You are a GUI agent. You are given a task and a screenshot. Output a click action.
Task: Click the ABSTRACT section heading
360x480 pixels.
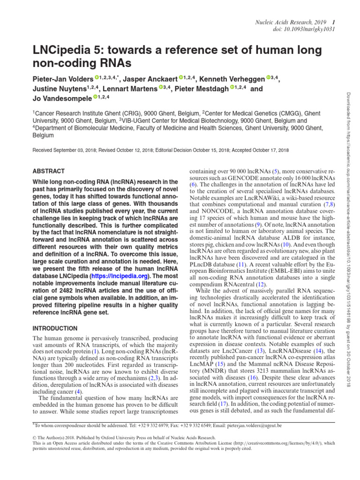coord(48,171)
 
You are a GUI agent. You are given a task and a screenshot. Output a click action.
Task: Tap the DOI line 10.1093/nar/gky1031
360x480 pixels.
coord(303,30)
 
